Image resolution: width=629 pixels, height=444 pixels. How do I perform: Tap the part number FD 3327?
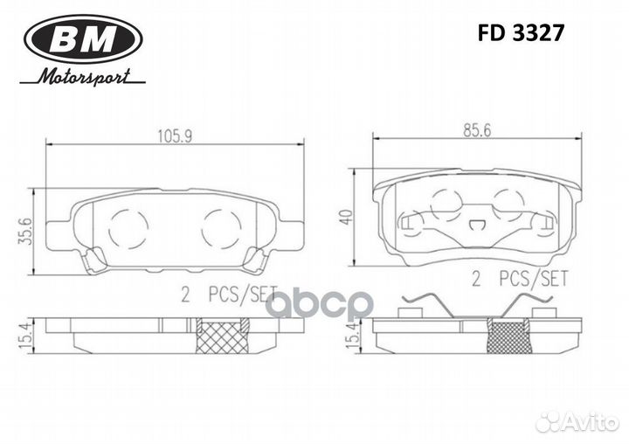point(521,33)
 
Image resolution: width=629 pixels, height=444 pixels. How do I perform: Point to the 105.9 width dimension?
point(174,135)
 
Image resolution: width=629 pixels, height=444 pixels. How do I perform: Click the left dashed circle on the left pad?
point(128,228)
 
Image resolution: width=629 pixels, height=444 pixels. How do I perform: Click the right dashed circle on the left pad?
point(220,228)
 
